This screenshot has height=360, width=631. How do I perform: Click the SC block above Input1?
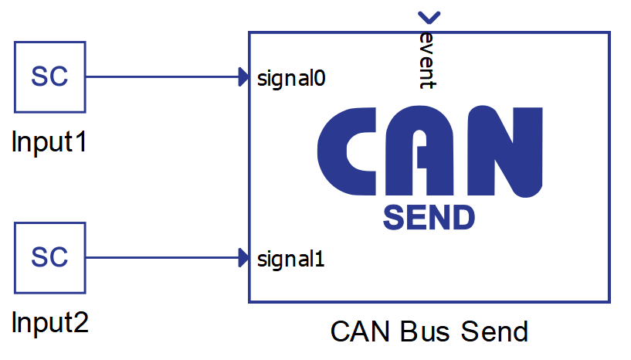pyautogui.click(x=49, y=77)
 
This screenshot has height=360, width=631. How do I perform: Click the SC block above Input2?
pyautogui.click(x=49, y=257)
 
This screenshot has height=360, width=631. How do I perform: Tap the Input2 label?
pyautogui.click(x=50, y=322)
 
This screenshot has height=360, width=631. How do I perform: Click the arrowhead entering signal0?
pyautogui.click(x=243, y=77)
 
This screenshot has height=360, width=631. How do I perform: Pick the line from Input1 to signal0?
pyautogui.click(x=162, y=77)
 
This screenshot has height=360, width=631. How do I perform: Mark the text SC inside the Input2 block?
pyautogui.click(x=49, y=257)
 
